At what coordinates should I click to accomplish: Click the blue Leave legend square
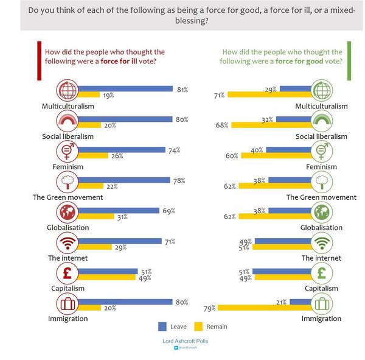click(162, 326)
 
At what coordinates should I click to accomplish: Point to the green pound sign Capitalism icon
click(320, 273)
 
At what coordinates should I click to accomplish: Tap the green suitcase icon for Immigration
click(320, 303)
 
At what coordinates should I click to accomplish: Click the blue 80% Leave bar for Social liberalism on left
click(125, 119)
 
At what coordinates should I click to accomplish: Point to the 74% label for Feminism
click(175, 150)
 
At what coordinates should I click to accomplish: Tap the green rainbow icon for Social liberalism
click(320, 121)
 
